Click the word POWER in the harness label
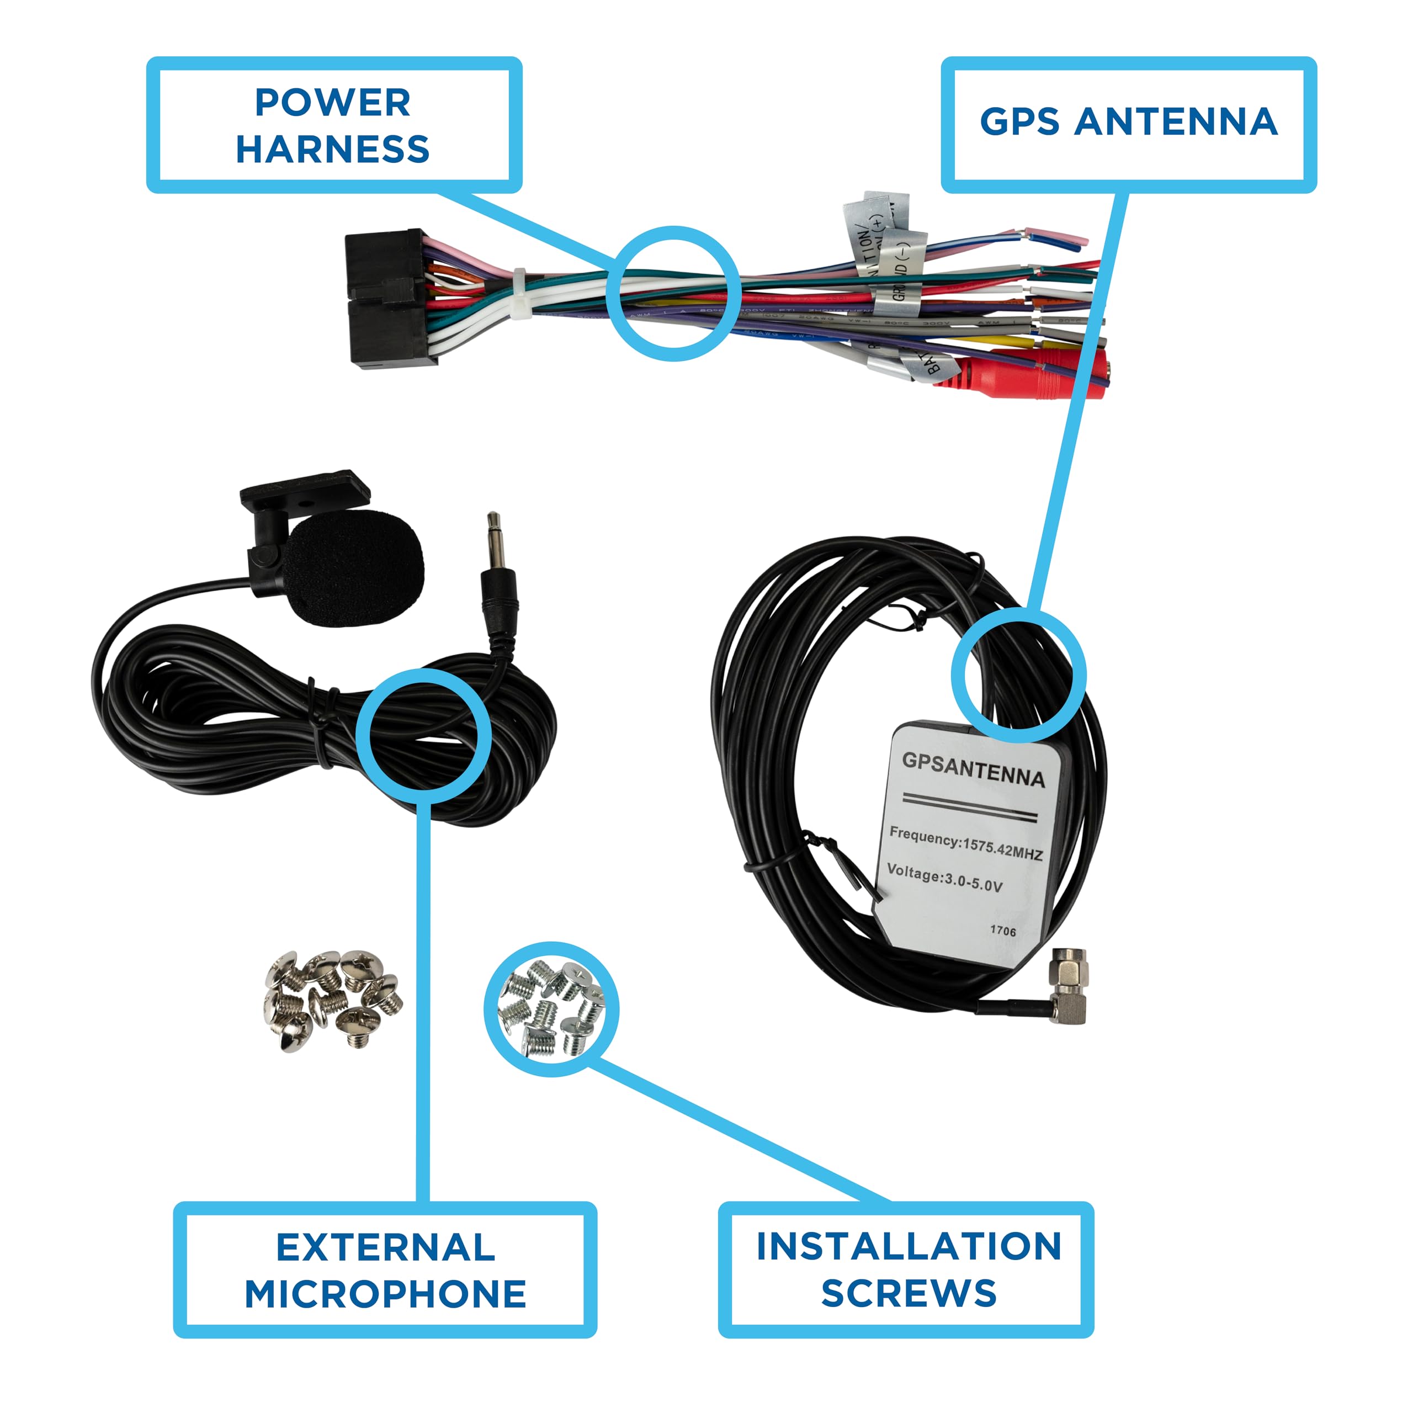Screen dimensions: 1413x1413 point(332,103)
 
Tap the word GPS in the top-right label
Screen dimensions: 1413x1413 point(1019,121)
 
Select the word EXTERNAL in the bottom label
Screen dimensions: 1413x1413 point(385,1247)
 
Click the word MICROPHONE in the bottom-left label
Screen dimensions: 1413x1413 point(385,1294)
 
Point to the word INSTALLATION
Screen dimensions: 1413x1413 point(909,1246)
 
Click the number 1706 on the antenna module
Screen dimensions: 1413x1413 point(1003,931)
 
